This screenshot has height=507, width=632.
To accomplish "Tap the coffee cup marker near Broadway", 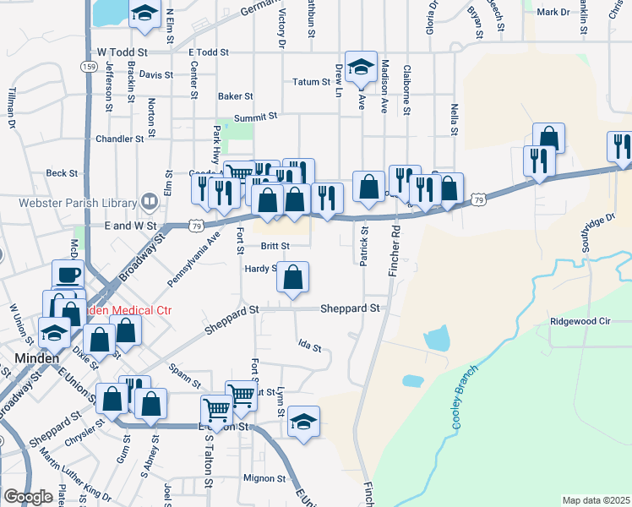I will pyautogui.click(x=68, y=275).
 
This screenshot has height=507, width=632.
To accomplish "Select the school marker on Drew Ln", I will pyautogui.click(x=361, y=67).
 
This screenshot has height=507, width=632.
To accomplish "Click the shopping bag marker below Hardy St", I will pyautogui.click(x=292, y=277).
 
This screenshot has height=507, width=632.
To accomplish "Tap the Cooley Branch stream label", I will pyautogui.click(x=467, y=397).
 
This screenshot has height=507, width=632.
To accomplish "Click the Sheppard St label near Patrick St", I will pyautogui.click(x=350, y=309).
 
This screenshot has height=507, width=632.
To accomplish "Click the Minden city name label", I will pyautogui.click(x=37, y=358).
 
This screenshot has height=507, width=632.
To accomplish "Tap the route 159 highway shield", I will pyautogui.click(x=89, y=66).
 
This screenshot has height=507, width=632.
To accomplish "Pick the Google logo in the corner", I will pyautogui.click(x=28, y=496).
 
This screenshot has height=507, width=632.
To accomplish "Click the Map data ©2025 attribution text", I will pyautogui.click(x=596, y=500).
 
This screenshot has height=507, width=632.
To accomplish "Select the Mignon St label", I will pyautogui.click(x=264, y=478).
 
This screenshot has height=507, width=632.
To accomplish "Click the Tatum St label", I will pyautogui.click(x=310, y=82).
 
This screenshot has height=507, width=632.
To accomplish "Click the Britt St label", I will pyautogui.click(x=275, y=246).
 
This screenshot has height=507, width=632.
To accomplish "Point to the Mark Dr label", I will pyautogui.click(x=553, y=12).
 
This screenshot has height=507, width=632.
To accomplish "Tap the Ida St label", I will pyautogui.click(x=310, y=346).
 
